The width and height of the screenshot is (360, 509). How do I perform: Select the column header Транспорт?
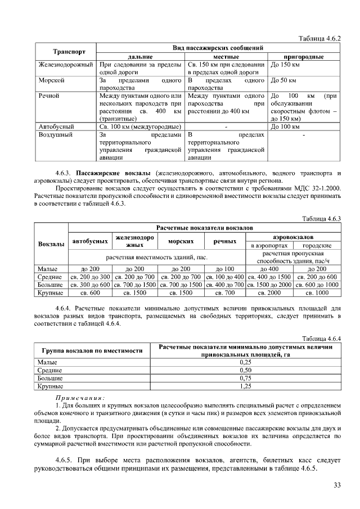click(x=69, y=52)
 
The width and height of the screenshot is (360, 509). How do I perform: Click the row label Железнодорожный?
click(x=64, y=65)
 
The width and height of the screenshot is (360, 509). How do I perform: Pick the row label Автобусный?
click(x=55, y=127)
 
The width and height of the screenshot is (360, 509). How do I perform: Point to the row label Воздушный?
click(x=55, y=135)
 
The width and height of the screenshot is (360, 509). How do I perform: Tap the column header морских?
click(x=181, y=241)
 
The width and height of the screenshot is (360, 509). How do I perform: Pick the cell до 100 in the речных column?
click(x=224, y=269)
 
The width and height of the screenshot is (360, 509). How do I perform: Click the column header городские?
click(x=317, y=246)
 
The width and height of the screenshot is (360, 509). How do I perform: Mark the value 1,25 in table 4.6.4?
click(x=245, y=387)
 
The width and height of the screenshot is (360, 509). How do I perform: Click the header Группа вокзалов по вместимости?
click(x=92, y=350)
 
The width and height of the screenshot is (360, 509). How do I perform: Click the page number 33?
click(x=337, y=485)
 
